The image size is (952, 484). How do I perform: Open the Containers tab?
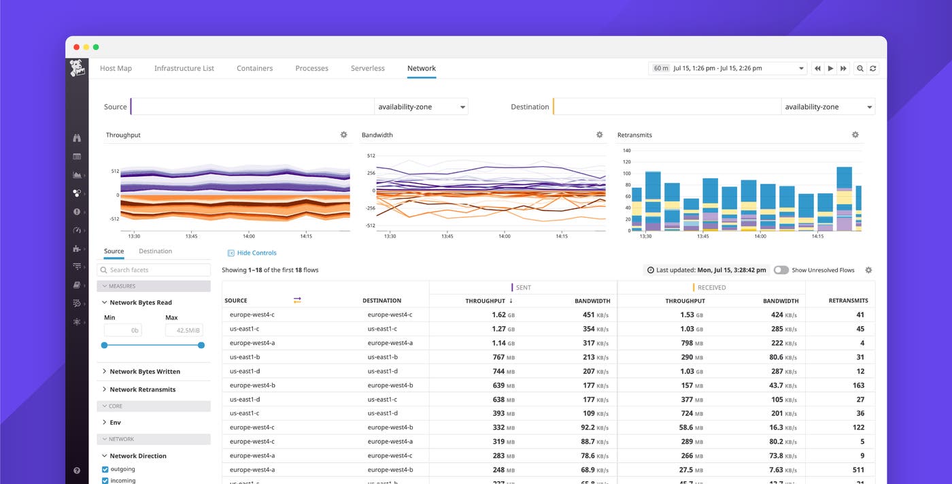click(254, 68)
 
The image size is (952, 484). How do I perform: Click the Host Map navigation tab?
click(116, 68)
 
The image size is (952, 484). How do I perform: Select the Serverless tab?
click(367, 68)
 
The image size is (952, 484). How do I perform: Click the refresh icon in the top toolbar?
click(873, 68)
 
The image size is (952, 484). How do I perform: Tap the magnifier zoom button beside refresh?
click(860, 68)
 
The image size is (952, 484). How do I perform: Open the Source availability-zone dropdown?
click(421, 107)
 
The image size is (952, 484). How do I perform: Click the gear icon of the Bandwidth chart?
click(599, 135)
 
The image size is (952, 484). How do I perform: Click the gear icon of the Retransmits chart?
click(855, 135)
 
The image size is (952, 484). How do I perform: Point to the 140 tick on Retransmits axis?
click(626, 150)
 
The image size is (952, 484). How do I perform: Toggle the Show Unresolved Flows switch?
click(781, 270)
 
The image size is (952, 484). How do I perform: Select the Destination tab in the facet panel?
click(155, 251)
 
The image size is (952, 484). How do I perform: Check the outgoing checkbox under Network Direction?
click(105, 469)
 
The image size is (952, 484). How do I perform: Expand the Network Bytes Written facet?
click(144, 372)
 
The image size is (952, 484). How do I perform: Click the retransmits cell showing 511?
click(857, 470)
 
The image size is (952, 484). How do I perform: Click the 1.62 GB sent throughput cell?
click(503, 315)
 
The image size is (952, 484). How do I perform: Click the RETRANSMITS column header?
click(848, 300)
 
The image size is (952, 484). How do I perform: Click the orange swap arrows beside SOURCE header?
click(297, 300)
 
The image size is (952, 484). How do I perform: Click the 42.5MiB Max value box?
click(184, 330)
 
